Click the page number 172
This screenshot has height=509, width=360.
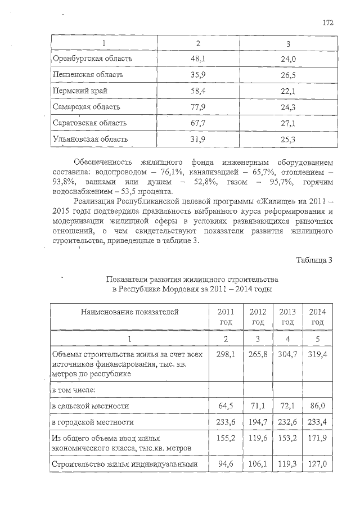(x=328, y=22)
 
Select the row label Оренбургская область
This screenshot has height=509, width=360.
(x=92, y=58)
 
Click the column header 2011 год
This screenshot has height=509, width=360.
(x=224, y=317)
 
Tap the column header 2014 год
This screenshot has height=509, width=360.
(x=318, y=317)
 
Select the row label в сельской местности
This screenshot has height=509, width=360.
(x=90, y=405)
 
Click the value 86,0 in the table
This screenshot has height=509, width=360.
(x=318, y=405)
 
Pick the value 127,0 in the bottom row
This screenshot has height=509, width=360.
(x=318, y=464)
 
